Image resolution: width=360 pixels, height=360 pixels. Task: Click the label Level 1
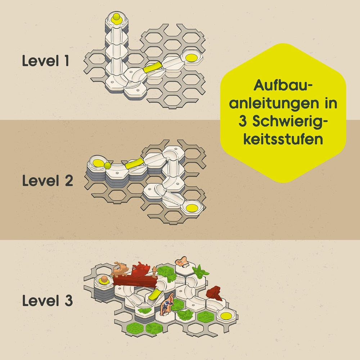[x=45, y=61]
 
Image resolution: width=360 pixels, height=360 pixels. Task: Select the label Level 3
[x=48, y=300]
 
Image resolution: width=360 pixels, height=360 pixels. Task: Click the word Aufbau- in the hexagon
[x=283, y=85]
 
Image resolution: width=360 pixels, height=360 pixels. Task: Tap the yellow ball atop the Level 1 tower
[x=117, y=18]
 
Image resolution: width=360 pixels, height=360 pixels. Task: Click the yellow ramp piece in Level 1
[x=153, y=67]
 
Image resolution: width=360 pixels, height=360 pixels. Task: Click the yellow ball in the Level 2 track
[x=107, y=166]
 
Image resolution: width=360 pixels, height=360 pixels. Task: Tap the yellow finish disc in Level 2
[x=192, y=208]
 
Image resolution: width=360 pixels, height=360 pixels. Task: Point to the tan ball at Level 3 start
[x=105, y=280]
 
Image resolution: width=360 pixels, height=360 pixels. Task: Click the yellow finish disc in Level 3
[x=226, y=316]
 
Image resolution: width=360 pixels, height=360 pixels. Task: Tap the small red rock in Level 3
[x=214, y=293]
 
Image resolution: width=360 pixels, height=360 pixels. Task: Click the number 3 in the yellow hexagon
[x=243, y=121]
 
